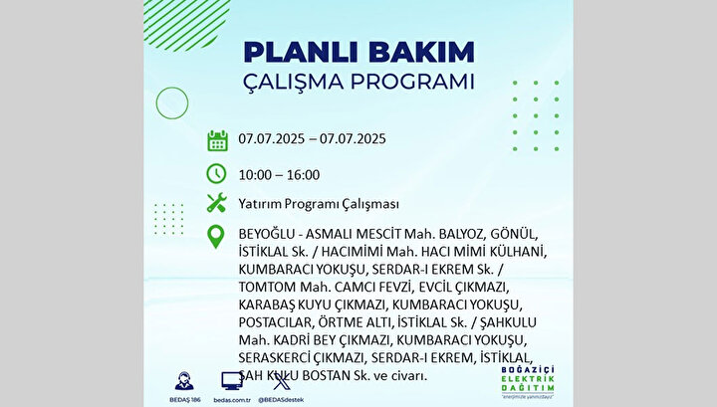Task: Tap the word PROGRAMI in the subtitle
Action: coord(412,82)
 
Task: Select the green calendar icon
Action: coord(217,140)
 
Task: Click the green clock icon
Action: coord(216,173)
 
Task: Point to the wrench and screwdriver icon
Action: coord(217,202)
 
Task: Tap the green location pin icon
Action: coord(216,237)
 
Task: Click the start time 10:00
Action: coord(255,175)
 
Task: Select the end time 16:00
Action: coord(303,175)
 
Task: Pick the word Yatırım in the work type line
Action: coord(260,204)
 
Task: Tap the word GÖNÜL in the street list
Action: coord(514,234)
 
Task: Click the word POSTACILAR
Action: coord(275,322)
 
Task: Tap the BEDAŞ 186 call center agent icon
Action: coord(184,381)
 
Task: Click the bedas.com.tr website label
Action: coord(232,400)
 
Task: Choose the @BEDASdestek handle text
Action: coord(281,400)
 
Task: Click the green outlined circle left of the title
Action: coord(172,88)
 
